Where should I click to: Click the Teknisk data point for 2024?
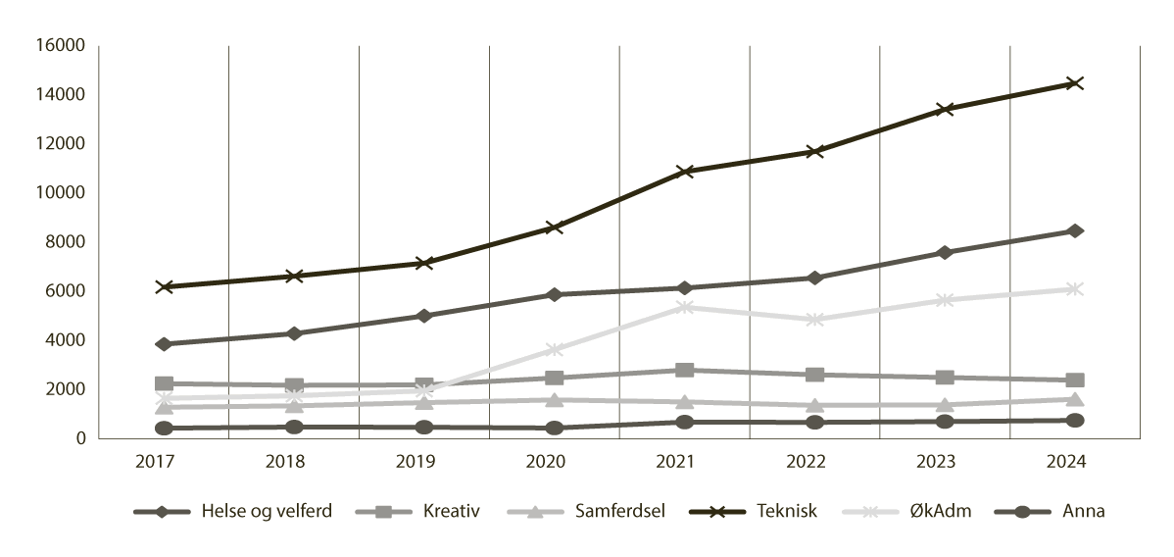1074,83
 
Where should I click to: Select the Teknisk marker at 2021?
684,172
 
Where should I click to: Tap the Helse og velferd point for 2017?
164,344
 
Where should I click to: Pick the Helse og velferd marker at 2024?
1074,231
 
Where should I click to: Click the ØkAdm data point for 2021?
684,307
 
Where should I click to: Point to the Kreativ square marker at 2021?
684,371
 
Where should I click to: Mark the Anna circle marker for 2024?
1074,421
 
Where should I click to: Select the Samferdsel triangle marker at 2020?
554,400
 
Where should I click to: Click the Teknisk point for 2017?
164,287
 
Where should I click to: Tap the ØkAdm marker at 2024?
1074,289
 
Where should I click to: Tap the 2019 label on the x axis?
423,461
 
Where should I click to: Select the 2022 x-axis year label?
813,461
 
